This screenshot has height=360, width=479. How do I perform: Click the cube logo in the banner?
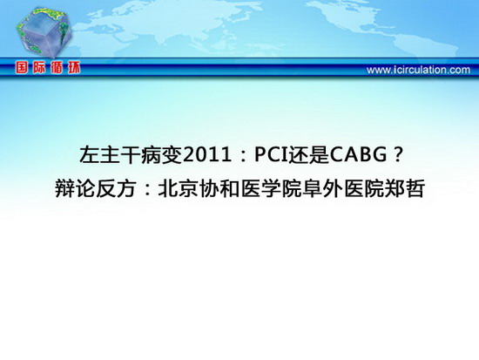pos(44,32)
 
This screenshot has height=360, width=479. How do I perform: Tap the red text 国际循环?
pos(48,68)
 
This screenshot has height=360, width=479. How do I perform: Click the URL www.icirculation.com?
pos(418,70)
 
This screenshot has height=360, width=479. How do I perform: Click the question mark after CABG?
pos(397,154)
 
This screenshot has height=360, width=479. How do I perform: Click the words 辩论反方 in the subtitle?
pos(96,189)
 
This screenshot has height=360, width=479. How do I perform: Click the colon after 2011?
pos(244,156)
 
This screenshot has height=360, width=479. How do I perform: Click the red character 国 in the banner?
pos(23,68)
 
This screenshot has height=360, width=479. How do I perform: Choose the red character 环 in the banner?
pos(74,68)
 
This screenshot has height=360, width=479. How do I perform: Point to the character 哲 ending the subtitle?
pos(415,189)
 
